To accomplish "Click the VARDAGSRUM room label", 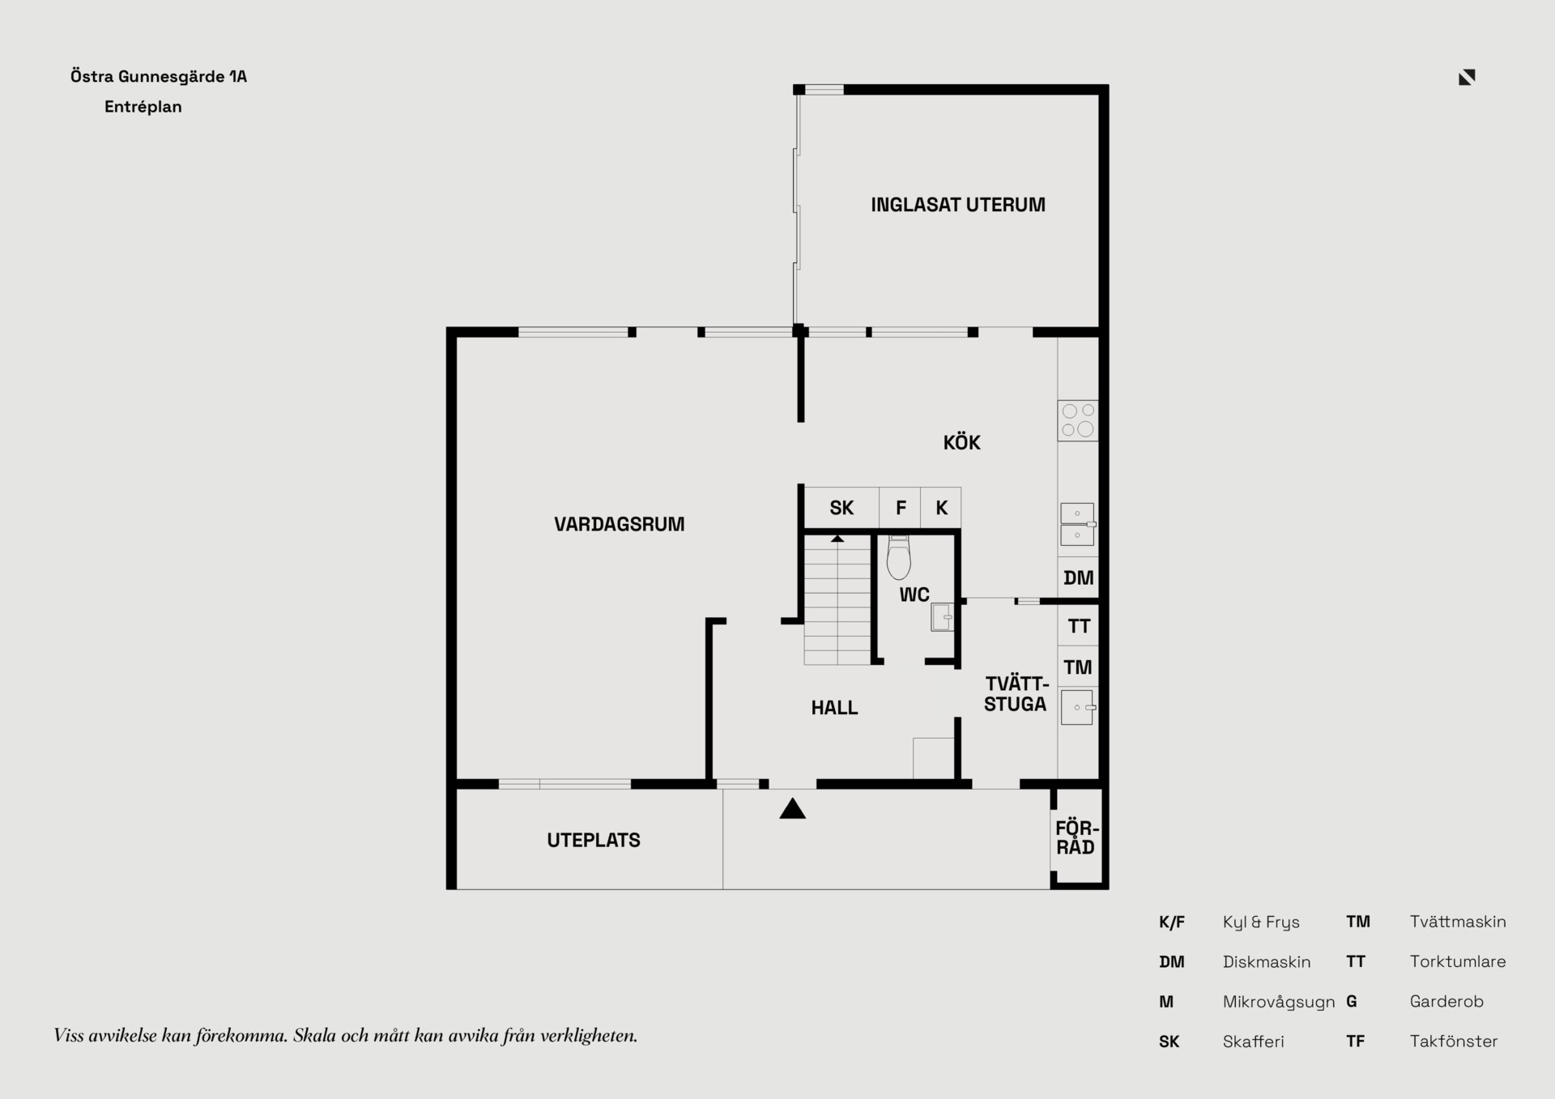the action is point(619,524).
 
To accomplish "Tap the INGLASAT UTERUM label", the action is point(958,205).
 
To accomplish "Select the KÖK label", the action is point(961,442).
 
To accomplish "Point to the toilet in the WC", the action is point(899,557).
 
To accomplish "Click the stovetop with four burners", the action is point(1078,420).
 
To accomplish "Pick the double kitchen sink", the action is point(1078,524).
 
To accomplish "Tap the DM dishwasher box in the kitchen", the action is point(1078,577).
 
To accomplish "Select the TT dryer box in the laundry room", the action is point(1078,625).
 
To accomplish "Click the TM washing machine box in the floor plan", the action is point(1078,667).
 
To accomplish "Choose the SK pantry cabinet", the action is point(841,508).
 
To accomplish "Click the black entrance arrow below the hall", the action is point(792,808).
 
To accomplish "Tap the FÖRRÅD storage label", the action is point(1076,837).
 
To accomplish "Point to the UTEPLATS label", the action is point(594,840).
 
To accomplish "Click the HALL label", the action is point(834,708).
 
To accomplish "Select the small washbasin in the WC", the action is point(942,617).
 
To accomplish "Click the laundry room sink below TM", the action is point(1078,707).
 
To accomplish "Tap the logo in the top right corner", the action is point(1467,77).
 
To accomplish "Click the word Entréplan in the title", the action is point(143,106).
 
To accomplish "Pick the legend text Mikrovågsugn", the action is point(1279,1002).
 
